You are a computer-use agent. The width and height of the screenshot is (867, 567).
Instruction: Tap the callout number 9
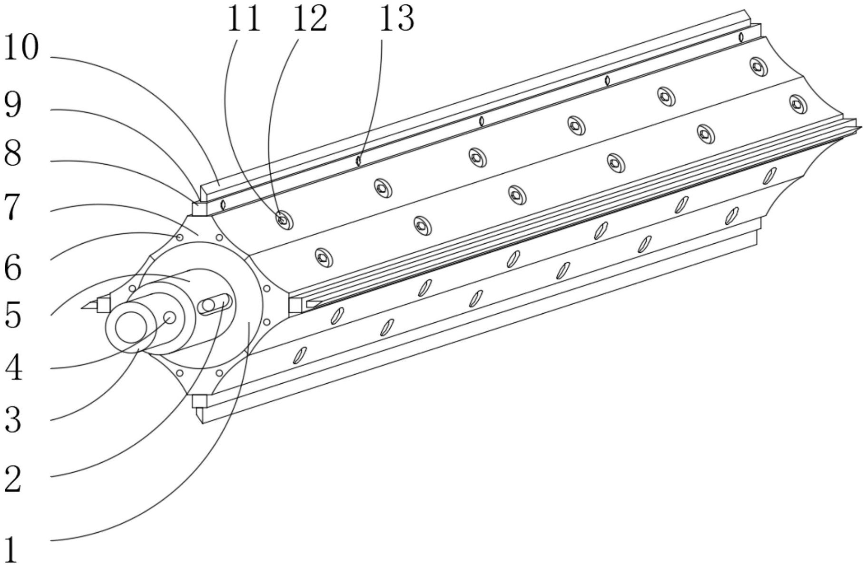[13, 104]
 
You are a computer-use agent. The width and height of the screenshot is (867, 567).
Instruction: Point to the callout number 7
[13, 207]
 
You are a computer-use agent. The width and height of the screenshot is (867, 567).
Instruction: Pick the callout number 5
[13, 315]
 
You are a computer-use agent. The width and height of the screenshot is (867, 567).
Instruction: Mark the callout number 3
[13, 420]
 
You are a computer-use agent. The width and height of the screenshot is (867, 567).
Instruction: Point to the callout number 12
[310, 19]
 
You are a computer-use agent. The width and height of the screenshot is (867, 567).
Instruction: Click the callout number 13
[396, 19]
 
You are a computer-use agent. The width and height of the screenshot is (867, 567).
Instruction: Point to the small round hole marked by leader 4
[170, 318]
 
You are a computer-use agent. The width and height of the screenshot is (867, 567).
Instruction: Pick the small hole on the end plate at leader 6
[179, 237]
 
